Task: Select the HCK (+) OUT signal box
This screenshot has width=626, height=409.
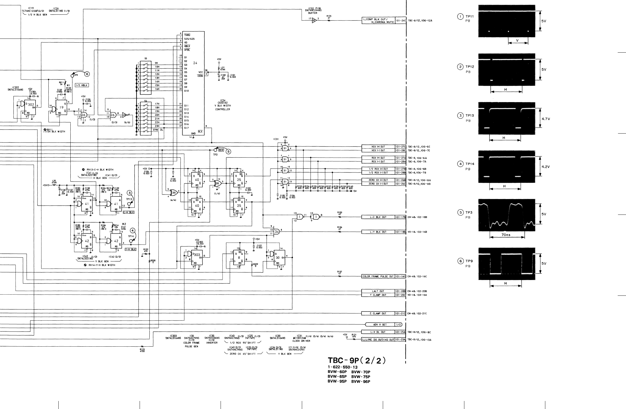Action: [378, 147]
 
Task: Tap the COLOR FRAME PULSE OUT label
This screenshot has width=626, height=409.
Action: [378, 277]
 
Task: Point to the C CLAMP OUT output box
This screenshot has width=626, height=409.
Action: [378, 313]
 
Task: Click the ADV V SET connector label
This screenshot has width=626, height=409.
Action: [380, 325]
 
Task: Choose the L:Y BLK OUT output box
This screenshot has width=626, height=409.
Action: [378, 232]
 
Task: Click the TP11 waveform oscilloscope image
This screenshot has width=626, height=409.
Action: [506, 21]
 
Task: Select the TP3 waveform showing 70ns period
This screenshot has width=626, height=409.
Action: [506, 215]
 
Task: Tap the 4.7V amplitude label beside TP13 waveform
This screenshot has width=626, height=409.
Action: [544, 118]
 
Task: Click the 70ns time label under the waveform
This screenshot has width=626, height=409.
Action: [507, 235]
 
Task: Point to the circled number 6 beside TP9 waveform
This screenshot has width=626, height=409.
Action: [460, 261]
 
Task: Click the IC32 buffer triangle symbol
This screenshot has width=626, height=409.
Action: [314, 20]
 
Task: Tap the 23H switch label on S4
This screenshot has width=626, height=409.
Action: [157, 126]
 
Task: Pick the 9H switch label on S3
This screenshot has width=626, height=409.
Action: [156, 63]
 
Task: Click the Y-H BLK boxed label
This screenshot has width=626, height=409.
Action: [130, 249]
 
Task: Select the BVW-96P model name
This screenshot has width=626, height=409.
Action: [360, 382]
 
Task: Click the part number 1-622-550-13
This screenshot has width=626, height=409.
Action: [342, 367]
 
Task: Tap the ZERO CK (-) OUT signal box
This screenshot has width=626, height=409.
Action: [378, 184]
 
